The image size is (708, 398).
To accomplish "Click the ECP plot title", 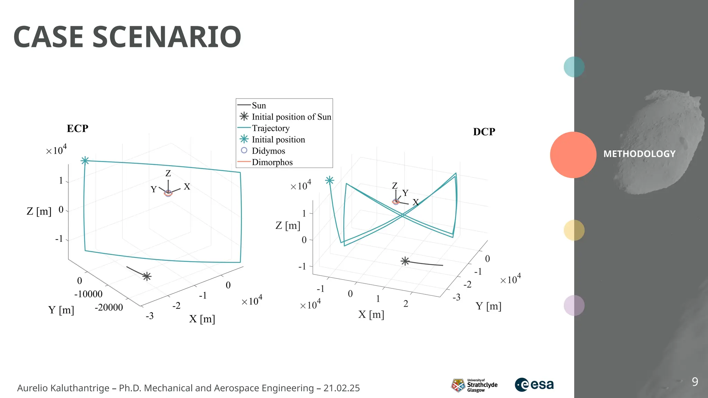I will pos(77,129).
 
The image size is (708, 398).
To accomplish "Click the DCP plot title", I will pos(484,132).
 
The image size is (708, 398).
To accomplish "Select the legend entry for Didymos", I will pos(268,151).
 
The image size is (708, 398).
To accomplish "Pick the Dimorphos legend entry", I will pos(272,162).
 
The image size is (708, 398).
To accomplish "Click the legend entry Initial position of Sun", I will pos(291,117).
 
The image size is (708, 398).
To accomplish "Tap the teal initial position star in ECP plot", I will pos(85,161).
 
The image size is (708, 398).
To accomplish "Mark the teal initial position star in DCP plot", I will pos(329,180).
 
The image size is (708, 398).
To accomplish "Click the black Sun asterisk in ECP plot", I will pos(147,276).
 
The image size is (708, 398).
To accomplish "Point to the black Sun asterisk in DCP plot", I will pos(405,261).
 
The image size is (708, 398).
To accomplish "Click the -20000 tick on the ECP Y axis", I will pos(109,307).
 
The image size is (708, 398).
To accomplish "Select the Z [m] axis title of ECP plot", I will pos(39,211).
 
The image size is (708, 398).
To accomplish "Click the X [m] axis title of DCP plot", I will pos(371,314).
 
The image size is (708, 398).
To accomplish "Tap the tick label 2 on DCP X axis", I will pos(406,304).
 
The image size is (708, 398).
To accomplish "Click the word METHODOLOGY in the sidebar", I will pos(639,154).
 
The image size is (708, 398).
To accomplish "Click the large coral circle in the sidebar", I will pos(573,155).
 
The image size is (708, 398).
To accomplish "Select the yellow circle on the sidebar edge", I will pos(574,230).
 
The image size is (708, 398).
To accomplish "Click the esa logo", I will pos(534,385).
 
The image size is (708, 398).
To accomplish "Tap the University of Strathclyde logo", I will pos(474,385).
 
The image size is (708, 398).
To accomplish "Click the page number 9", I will pos(695,382).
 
